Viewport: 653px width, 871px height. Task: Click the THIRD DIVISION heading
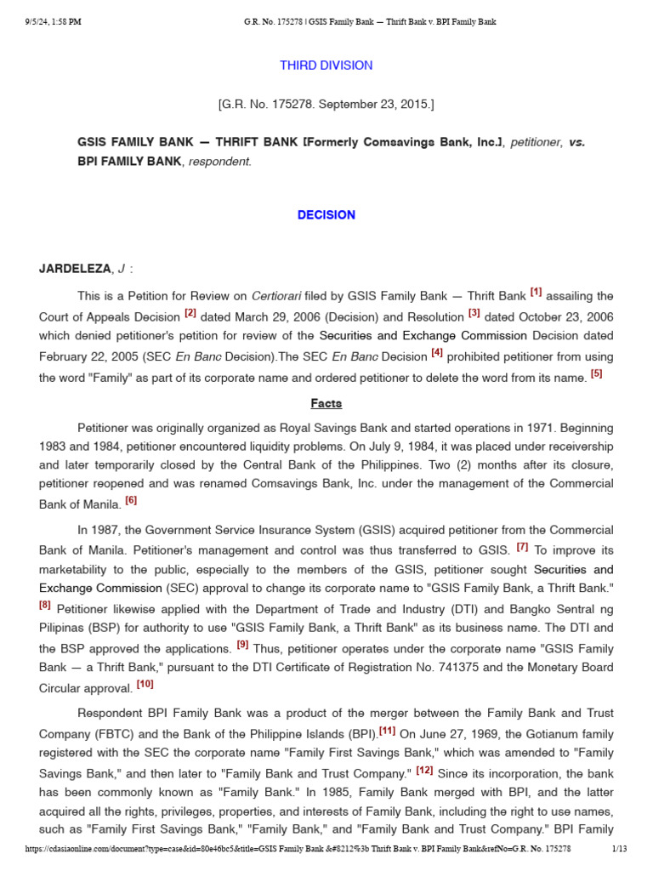[326, 65]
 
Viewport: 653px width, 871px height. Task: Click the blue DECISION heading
[326, 215]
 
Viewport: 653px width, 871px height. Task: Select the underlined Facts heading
[326, 404]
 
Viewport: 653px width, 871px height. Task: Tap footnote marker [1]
[536, 293]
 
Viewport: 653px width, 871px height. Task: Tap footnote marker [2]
[190, 314]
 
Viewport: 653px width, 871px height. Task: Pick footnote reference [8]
[45, 606]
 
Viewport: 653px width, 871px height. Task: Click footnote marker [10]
[145, 685]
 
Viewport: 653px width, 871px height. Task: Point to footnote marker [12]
[424, 771]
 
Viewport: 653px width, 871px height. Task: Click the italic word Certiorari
[274, 297]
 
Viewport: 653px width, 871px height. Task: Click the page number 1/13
[619, 849]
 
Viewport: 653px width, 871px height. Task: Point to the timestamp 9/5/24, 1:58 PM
[53, 22]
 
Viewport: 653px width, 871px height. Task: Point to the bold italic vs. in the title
[576, 142]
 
